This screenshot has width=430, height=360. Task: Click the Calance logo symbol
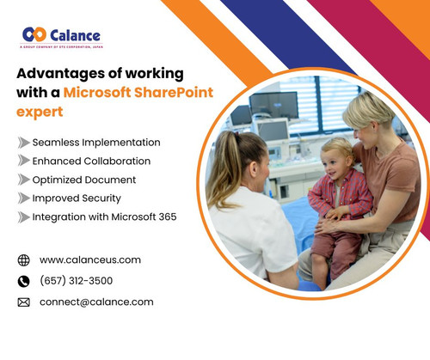click(35, 34)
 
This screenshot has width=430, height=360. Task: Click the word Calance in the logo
click(75, 35)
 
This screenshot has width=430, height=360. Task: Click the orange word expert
click(40, 112)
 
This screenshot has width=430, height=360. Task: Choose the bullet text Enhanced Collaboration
click(91, 161)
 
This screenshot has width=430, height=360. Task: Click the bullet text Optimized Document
click(84, 180)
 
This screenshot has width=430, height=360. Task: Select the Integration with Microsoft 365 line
click(104, 217)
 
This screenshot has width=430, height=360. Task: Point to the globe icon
click(23, 260)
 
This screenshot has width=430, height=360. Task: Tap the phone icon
click(23, 281)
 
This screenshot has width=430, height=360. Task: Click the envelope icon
click(23, 302)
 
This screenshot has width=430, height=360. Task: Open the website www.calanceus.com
click(90, 259)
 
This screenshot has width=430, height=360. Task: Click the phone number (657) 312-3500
click(76, 281)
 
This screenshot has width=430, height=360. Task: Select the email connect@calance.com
click(96, 302)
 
